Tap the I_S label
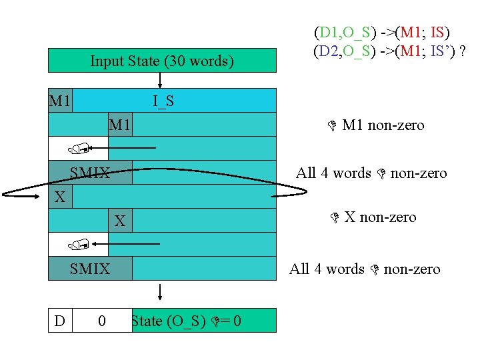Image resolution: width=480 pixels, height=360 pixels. [x=163, y=101]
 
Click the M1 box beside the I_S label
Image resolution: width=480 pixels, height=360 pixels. [x=61, y=101]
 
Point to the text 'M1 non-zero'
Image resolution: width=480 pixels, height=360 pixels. [x=383, y=125]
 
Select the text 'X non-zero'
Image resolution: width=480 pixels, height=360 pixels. [x=380, y=217]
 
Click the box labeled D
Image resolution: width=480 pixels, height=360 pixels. [x=60, y=321]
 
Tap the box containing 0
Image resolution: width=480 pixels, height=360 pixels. [x=101, y=321]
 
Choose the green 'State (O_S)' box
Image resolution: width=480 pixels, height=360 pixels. [x=203, y=321]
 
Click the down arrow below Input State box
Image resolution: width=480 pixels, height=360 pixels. [x=160, y=80]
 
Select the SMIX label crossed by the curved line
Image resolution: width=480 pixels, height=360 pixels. [x=90, y=173]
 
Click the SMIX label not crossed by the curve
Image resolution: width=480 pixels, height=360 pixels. [x=90, y=269]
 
